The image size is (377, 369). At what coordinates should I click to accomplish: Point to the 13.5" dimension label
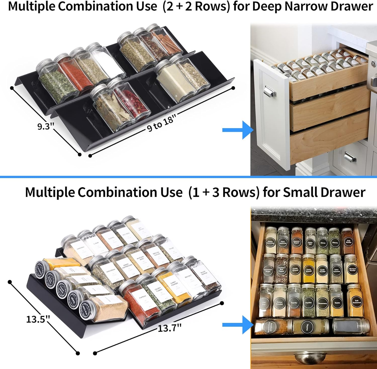pyautogui.click(x=38, y=319)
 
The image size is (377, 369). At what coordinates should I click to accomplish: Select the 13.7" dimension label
pyautogui.click(x=169, y=328)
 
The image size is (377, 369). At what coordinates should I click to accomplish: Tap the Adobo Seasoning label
pyautogui.click(x=270, y=242)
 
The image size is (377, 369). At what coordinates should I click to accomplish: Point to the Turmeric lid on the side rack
pyautogui.click(x=39, y=268)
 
